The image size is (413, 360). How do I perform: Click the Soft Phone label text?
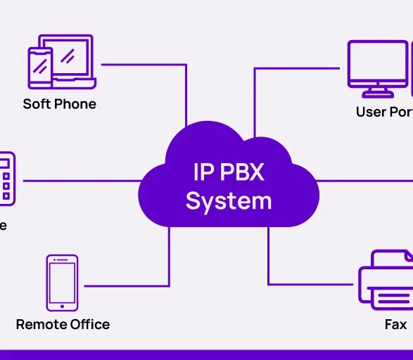59,104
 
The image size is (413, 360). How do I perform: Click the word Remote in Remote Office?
41,324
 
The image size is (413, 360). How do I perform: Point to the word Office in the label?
89,324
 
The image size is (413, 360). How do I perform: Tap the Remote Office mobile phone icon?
62,283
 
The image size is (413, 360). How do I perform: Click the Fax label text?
395,324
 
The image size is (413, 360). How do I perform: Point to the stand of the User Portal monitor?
377,91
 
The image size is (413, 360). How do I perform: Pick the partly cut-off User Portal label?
384,112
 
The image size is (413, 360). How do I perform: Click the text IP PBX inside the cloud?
228,172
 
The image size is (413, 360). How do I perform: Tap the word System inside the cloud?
228,201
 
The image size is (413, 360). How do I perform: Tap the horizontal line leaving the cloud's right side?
366,180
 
